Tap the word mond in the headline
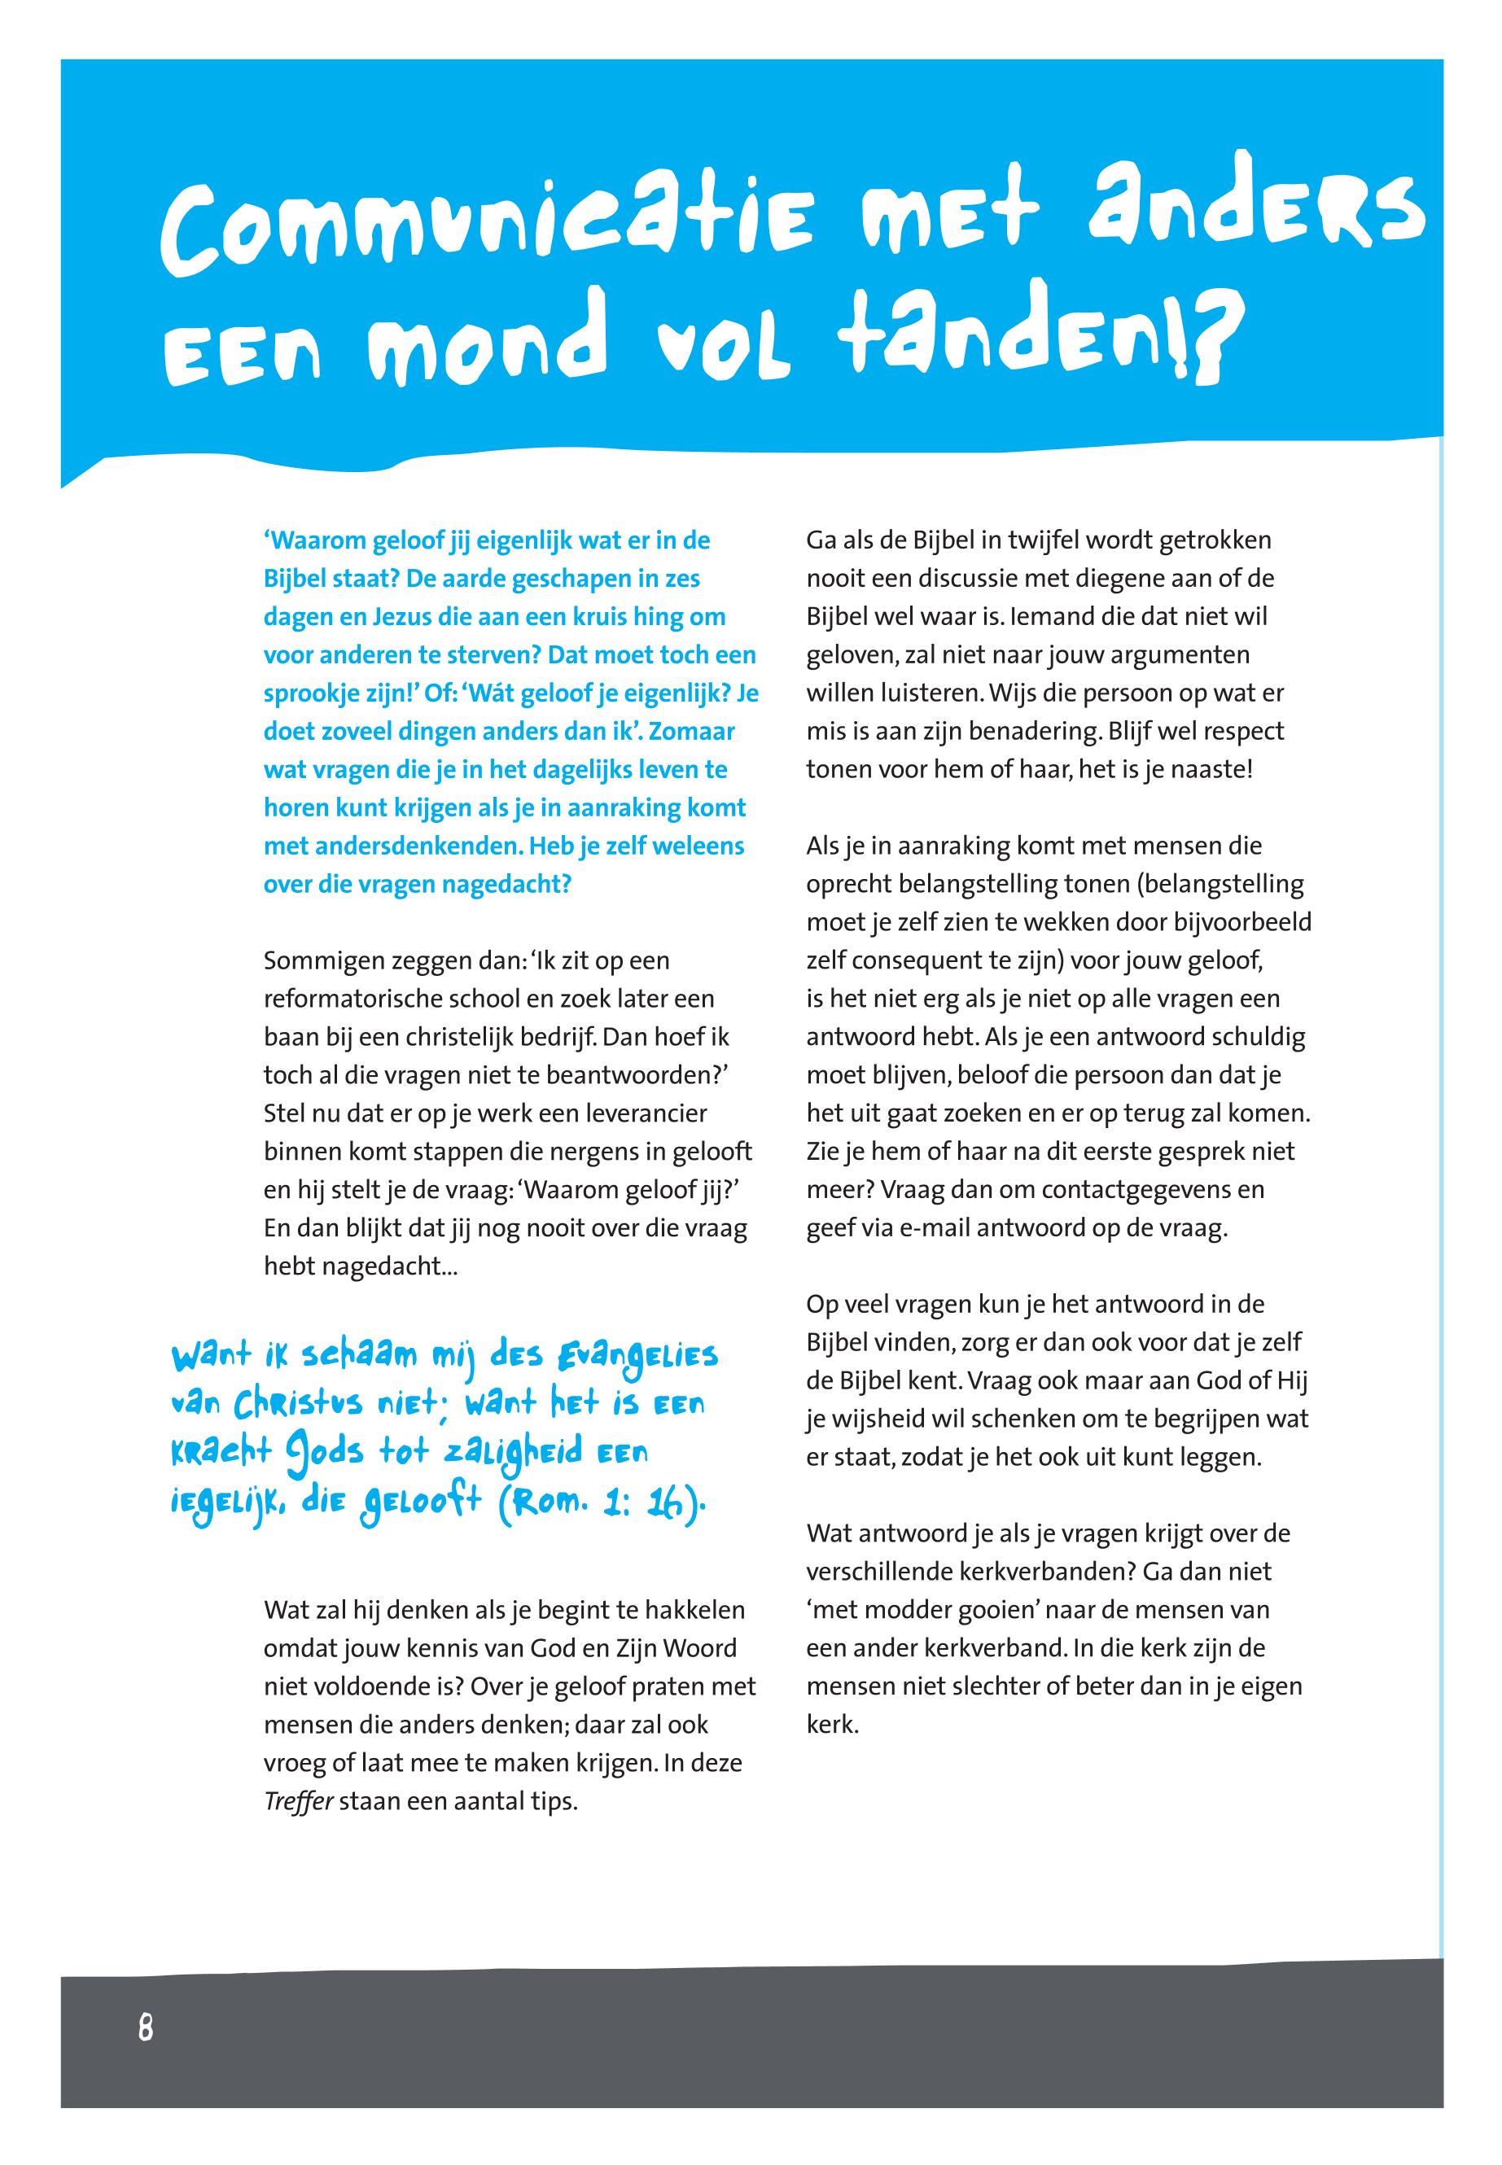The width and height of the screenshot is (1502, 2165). tap(484, 351)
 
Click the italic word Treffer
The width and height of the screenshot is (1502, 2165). tap(298, 1803)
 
